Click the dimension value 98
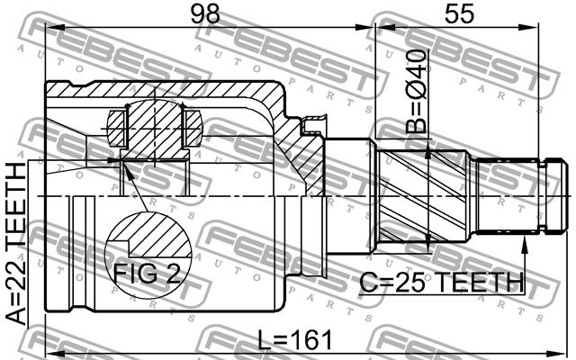205,14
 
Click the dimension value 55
459,14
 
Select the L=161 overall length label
295,340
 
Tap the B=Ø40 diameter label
417,92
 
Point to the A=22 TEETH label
16,244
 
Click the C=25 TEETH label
441,282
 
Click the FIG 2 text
147,274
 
